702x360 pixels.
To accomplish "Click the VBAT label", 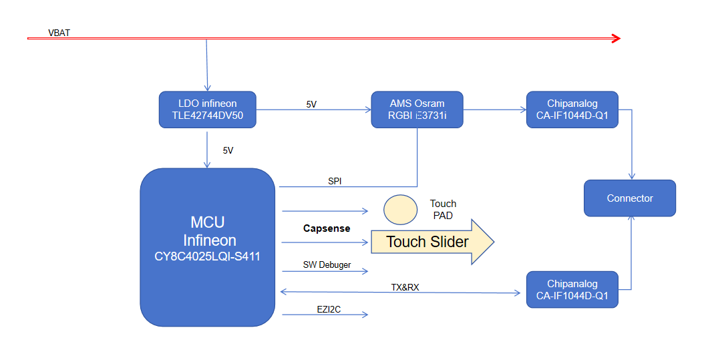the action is [59, 33].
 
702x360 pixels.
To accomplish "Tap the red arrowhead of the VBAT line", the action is [616, 39].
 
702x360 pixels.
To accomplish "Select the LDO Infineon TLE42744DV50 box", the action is [207, 110].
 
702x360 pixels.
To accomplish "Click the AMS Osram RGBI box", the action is [417, 110].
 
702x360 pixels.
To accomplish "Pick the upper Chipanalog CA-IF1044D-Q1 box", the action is [572, 110].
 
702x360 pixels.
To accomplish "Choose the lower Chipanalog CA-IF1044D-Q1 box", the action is [572, 290].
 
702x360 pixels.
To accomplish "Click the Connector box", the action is [630, 198].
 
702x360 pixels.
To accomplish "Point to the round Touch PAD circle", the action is [400, 210].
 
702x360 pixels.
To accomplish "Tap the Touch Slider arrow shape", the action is [432, 242].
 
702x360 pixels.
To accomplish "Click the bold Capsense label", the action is [327, 228].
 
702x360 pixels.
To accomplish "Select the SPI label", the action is [335, 181].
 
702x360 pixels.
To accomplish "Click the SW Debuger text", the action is [327, 264].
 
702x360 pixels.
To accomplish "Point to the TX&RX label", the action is [405, 287].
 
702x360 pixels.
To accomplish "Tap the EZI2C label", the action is [329, 309].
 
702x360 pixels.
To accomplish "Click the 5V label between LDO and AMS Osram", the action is [312, 104].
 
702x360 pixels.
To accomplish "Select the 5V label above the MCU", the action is [228, 150].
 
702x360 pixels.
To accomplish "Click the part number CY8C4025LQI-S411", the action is [207, 256].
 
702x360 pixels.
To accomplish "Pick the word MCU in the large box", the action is [208, 222].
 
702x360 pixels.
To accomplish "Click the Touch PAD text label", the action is [444, 210].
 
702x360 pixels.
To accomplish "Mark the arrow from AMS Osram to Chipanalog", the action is [495, 110].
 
